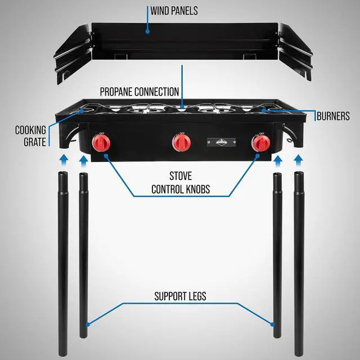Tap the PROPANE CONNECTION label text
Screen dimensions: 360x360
click(x=139, y=91)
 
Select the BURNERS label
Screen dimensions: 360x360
click(x=333, y=116)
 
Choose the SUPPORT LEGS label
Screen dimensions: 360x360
click(x=180, y=295)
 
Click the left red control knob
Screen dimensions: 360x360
click(x=102, y=143)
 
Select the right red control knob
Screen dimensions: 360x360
click(x=260, y=143)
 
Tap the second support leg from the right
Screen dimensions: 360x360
click(x=277, y=253)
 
